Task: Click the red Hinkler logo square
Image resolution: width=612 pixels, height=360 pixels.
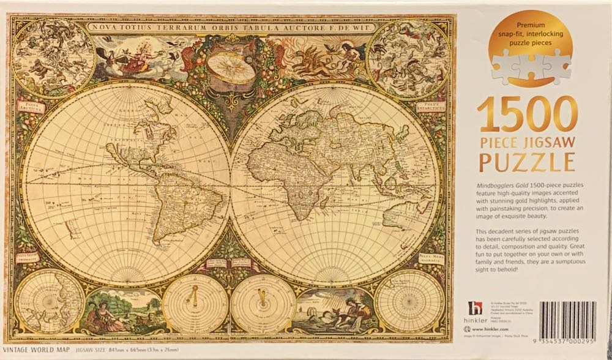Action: [475, 309]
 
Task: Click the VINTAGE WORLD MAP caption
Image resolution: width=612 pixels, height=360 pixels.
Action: [38, 350]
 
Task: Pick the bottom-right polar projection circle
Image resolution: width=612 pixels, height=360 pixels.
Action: [409, 301]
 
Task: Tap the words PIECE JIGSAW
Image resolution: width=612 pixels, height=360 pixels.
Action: [526, 140]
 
